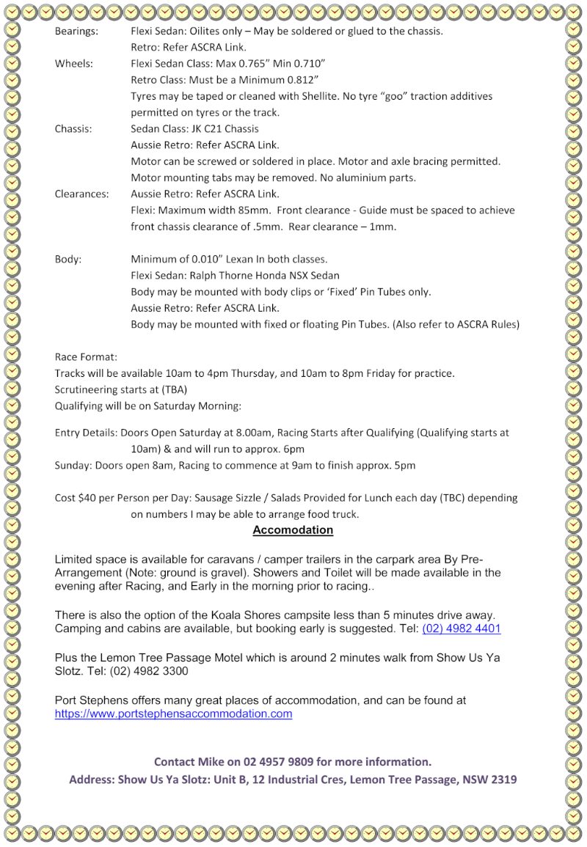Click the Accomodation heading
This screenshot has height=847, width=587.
point(293,530)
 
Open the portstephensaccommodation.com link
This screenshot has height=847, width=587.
point(173,714)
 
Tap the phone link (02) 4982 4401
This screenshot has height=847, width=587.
point(462,629)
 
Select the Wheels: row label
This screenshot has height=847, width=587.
point(73,64)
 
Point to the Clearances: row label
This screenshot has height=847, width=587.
point(81,194)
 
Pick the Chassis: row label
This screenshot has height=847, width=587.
point(73,129)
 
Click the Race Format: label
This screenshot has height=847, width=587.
point(86,357)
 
